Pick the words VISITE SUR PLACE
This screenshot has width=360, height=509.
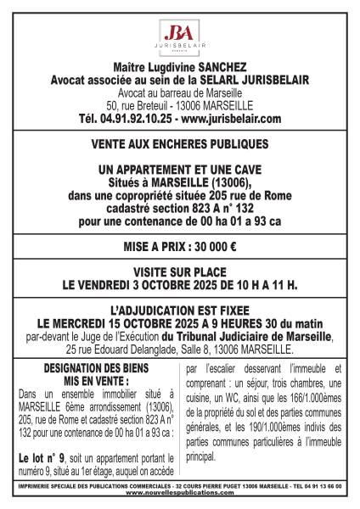[x=179, y=272]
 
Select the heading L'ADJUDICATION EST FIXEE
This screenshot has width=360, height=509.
[x=179, y=311]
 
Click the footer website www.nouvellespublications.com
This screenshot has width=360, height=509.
[x=180, y=495]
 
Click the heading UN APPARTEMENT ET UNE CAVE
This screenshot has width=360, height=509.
[x=179, y=170]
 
